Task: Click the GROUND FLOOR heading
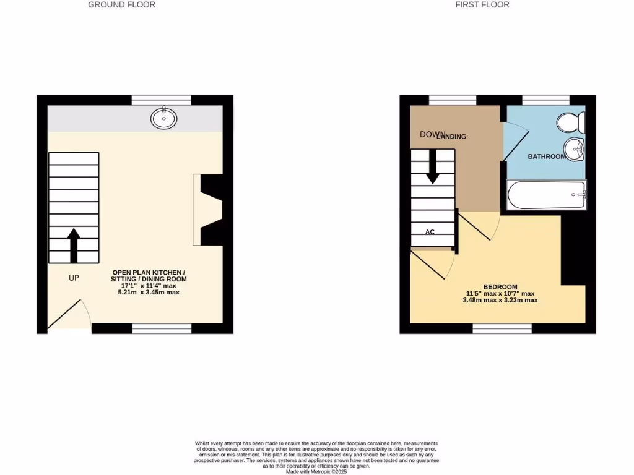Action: click(121, 5)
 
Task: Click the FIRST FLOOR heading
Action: click(482, 5)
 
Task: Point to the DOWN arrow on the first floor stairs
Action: click(432, 167)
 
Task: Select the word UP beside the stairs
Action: click(74, 278)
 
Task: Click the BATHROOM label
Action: click(546, 157)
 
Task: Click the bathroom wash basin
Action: click(575, 148)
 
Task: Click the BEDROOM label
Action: click(500, 287)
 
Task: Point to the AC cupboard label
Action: click(430, 232)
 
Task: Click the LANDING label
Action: click(452, 137)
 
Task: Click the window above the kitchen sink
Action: click(161, 100)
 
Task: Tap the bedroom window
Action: click(502, 328)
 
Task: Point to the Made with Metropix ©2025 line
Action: click(316, 471)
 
